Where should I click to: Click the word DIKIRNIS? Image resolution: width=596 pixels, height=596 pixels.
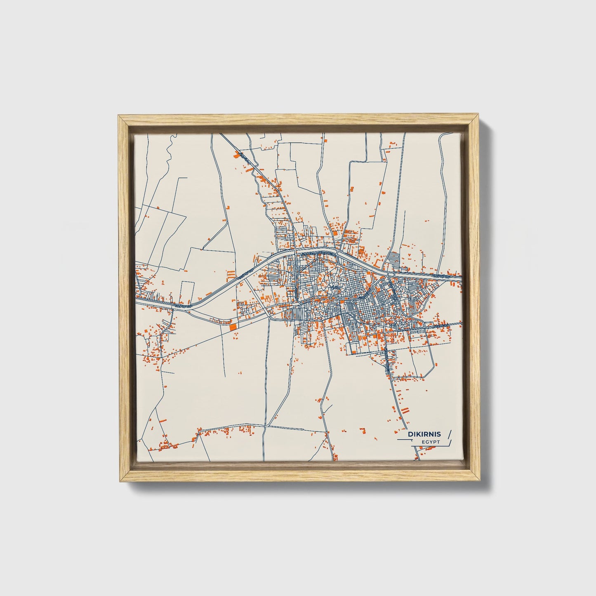[x=424, y=434]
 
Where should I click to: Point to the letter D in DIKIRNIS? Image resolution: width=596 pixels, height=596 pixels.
[x=410, y=434]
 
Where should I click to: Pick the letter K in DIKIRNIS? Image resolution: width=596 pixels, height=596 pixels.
[x=419, y=434]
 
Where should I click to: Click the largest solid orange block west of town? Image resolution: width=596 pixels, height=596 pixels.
[x=233, y=326]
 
